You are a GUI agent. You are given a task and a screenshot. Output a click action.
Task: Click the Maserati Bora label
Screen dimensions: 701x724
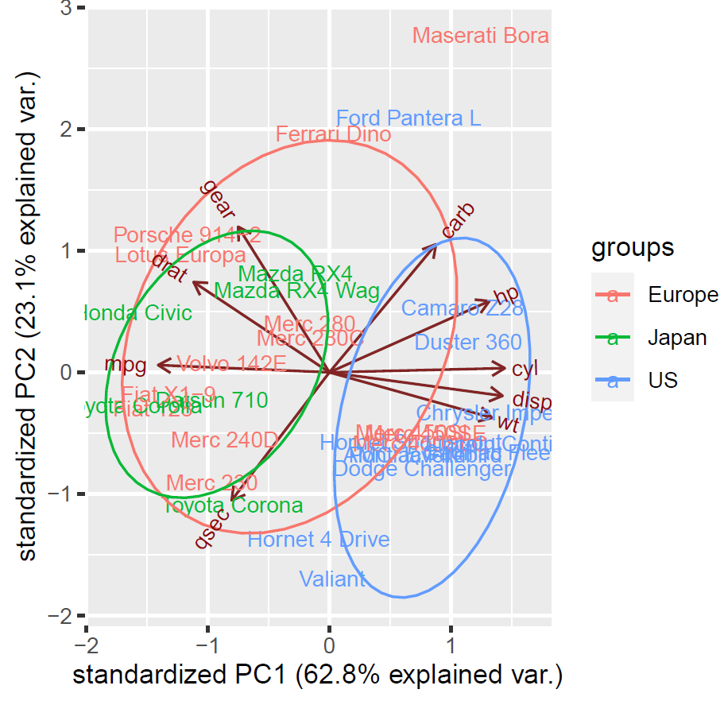click(481, 36)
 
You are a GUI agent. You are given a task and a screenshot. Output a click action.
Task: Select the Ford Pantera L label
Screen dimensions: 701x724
click(408, 118)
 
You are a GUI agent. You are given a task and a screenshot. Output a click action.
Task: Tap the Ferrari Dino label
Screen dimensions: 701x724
click(333, 134)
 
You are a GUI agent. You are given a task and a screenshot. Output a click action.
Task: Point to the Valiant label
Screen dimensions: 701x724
click(333, 579)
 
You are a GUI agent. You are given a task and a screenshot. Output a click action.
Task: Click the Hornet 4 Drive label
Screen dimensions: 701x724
click(319, 540)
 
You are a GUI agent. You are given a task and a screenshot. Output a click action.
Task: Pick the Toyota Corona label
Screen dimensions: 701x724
click(233, 505)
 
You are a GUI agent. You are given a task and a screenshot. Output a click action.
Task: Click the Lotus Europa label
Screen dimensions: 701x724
click(180, 255)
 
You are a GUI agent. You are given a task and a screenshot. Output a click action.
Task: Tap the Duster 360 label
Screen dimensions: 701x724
click(468, 343)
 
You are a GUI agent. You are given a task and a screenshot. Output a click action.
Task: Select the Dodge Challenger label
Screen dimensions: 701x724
click(421, 469)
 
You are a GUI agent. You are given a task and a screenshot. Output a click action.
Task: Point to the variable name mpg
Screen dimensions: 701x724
click(126, 365)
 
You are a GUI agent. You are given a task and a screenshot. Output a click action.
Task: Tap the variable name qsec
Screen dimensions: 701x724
click(212, 529)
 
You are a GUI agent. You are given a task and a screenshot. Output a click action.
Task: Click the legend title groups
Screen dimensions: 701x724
click(633, 247)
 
